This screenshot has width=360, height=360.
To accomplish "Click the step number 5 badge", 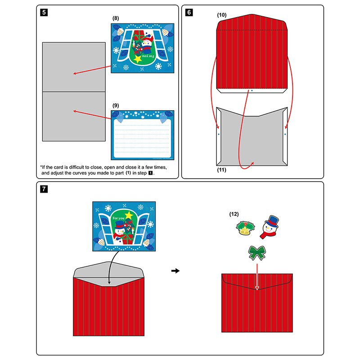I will [x=43, y=12].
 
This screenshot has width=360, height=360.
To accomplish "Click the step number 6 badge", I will [x=189, y=12].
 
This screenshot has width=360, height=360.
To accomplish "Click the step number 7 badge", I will [x=43, y=189].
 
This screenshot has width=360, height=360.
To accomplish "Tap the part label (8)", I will [x=116, y=18].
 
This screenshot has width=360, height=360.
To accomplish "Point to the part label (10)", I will [x=222, y=15].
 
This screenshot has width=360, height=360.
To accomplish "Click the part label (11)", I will [x=222, y=170].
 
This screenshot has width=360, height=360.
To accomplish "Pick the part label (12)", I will [x=234, y=213].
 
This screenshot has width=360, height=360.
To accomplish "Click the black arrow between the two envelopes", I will [x=176, y=271].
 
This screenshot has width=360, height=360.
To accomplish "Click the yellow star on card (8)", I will [x=138, y=59].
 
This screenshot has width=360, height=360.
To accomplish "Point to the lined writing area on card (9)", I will [x=142, y=135].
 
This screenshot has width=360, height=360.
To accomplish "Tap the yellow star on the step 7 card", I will [x=129, y=215].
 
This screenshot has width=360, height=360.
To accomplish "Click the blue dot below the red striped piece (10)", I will [x=252, y=90].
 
